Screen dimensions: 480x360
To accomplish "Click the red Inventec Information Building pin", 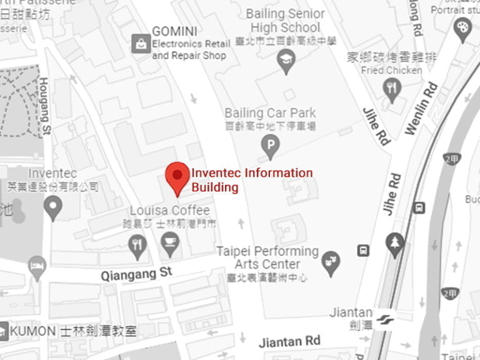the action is [x=177, y=176].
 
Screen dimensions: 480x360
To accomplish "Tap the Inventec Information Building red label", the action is [x=252, y=180].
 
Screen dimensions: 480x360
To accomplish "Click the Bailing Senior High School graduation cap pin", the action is [x=286, y=61].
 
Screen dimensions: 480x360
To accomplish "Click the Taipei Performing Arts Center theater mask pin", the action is [x=331, y=262].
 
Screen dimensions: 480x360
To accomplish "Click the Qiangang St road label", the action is [x=136, y=272].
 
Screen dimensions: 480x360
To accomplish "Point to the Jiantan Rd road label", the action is [x=289, y=341].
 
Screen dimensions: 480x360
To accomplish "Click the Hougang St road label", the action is [x=44, y=106].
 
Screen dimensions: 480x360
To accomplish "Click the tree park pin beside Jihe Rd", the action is [x=395, y=244].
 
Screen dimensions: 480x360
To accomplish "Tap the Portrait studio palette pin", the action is [x=462, y=29].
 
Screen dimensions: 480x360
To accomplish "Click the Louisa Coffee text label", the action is [x=169, y=211].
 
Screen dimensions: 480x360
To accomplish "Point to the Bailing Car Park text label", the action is [x=270, y=113].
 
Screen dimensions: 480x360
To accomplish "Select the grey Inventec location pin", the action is [x=53, y=206].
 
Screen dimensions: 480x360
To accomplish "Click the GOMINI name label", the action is [x=174, y=31].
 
